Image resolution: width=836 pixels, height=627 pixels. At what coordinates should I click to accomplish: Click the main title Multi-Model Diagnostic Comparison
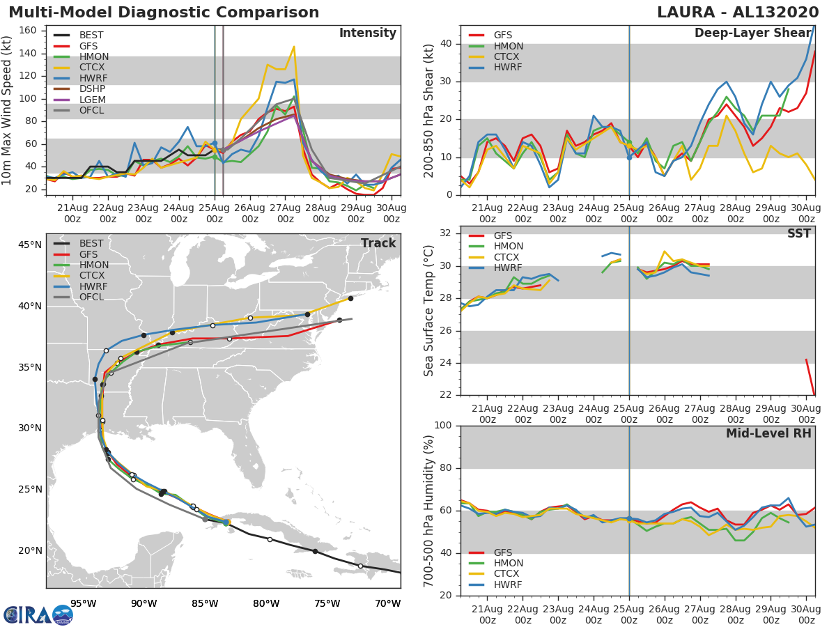pyautogui.click(x=164, y=13)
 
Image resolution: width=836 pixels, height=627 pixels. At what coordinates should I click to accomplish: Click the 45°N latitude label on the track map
pyautogui.click(x=29, y=245)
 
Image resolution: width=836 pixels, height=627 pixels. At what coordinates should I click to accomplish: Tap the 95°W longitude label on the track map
pyautogui.click(x=84, y=603)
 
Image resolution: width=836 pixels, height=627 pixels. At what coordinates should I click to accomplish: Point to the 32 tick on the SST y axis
pyautogui.click(x=446, y=233)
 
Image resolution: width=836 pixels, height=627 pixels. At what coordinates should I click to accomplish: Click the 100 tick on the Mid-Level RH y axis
pyautogui.click(x=443, y=426)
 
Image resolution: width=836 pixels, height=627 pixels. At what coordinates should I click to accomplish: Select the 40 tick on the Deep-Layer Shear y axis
pyautogui.click(x=446, y=44)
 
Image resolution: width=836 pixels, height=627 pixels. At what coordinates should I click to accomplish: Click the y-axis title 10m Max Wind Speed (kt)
pyautogui.click(x=8, y=110)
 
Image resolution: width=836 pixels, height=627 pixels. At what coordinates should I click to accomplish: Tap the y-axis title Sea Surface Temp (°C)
pyautogui.click(x=429, y=311)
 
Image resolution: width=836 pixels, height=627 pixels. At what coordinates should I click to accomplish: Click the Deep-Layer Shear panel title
pyautogui.click(x=752, y=33)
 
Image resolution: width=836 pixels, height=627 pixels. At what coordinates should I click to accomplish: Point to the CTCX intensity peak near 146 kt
pyautogui.click(x=294, y=47)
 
